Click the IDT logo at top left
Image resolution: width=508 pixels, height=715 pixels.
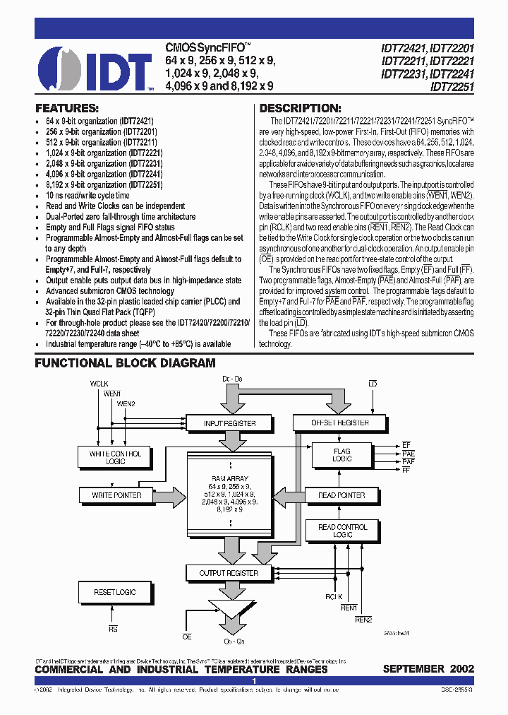95,70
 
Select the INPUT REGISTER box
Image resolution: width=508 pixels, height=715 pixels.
229,423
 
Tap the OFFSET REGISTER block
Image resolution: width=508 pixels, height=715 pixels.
339,423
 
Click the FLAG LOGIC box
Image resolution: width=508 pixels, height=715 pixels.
341,455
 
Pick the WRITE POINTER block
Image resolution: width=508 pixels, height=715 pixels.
116,495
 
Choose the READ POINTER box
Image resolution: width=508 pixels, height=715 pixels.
341,495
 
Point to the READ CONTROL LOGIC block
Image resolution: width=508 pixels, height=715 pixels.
342,531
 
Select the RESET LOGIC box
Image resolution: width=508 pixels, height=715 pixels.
115,592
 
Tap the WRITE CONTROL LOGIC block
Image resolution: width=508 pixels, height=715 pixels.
115,457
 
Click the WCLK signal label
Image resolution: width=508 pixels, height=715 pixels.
100,383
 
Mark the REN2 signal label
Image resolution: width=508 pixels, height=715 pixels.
363,620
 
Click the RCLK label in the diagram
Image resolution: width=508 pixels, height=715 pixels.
334,596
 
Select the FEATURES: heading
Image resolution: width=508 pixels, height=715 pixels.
67,109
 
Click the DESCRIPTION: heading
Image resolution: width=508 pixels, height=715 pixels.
301,109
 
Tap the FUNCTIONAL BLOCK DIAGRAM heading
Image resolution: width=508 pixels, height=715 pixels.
126,363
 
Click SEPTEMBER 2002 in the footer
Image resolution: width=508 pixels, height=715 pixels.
428,669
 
